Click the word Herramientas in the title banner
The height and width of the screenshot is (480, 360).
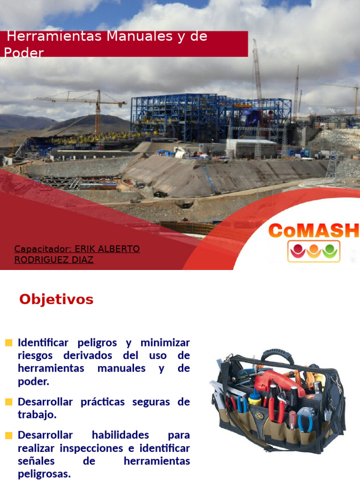pos(54,36)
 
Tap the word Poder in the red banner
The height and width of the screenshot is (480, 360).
pos(24,52)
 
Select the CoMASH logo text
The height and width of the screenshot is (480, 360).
pos(314,230)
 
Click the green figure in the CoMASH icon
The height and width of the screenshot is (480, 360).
pos(330,251)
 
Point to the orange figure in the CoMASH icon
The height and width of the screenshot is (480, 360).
pos(314,251)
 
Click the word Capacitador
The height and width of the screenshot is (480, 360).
pos(43,249)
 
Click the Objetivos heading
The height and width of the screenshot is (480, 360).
pos(56,299)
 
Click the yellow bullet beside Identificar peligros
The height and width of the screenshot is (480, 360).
pos(8,343)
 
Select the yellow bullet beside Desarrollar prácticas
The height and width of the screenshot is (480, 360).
pos(8,402)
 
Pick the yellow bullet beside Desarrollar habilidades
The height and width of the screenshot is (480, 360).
pos(8,435)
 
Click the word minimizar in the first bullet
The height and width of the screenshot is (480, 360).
pos(165,343)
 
